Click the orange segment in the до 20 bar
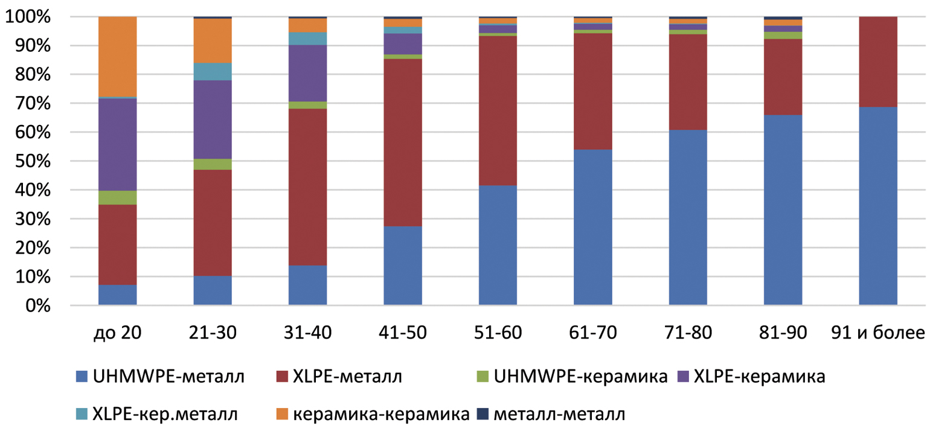click(117, 56)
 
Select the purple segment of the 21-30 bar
click(213, 120)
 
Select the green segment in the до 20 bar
click(117, 197)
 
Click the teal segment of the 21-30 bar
click(213, 72)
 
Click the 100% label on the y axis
click(27, 17)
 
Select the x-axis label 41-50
click(402, 334)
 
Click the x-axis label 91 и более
click(878, 334)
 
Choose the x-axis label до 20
click(117, 334)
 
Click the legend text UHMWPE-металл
click(168, 378)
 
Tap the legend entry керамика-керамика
click(380, 415)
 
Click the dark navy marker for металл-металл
click(482, 415)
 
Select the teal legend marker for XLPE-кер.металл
click(82, 415)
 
